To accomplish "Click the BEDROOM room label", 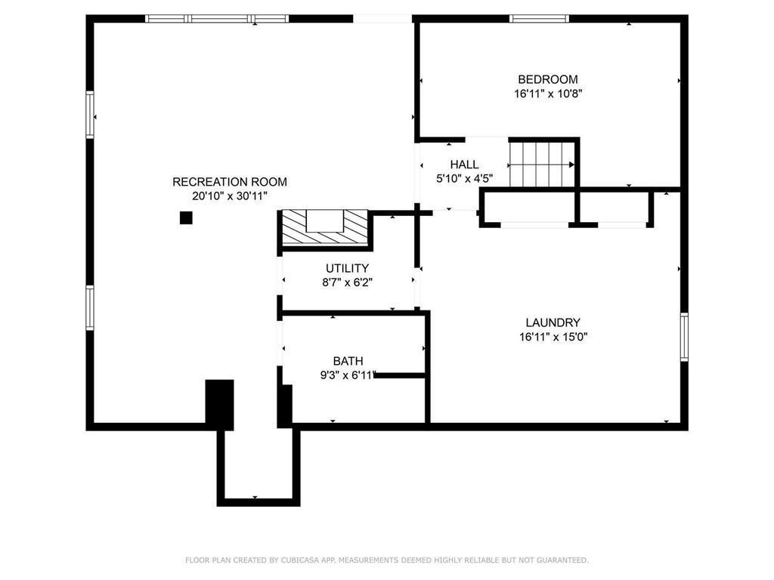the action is (548, 79).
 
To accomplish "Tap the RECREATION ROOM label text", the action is (230, 181).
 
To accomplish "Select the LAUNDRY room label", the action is (553, 322).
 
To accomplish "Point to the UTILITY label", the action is (347, 268).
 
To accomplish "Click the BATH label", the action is (348, 361).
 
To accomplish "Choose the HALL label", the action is (464, 164).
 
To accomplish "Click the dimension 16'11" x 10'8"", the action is (549, 94).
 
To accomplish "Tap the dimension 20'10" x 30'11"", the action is (230, 196).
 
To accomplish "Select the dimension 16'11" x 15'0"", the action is (553, 338).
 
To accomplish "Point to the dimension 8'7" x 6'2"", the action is (347, 282).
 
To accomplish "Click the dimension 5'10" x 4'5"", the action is (465, 178).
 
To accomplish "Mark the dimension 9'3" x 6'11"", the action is (348, 375).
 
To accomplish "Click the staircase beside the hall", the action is (542, 164).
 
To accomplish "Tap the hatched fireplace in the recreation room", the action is (325, 227).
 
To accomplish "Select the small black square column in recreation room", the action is (186, 217).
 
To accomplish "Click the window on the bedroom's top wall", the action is (539, 19).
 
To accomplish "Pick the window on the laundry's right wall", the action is (684, 337).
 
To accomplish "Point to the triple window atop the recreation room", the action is (217, 19).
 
